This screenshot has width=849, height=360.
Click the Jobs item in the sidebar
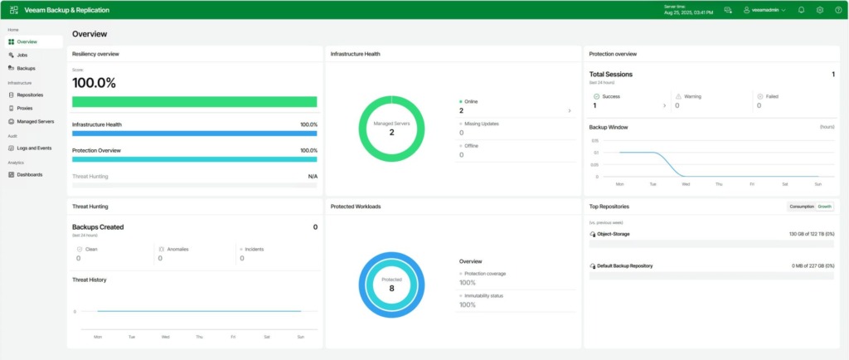[x=22, y=55]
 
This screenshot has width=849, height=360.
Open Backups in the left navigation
[x=26, y=68]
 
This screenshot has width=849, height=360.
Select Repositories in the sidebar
[x=30, y=95]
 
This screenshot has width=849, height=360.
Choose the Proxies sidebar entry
[x=25, y=108]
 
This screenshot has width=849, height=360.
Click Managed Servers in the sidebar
[x=35, y=121]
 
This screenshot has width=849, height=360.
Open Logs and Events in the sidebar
[x=34, y=148]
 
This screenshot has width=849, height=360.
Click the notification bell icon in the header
[x=801, y=10]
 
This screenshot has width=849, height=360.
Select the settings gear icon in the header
[x=819, y=10]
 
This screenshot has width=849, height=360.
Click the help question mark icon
[x=838, y=10]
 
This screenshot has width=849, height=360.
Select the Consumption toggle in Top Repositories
[x=802, y=206]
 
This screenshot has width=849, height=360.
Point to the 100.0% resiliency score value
[x=94, y=83]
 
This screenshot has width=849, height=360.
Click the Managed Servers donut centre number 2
[x=391, y=132]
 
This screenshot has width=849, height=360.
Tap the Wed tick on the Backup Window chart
[x=686, y=183]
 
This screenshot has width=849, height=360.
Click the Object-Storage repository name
[x=613, y=234]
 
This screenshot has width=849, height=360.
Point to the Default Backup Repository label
[x=623, y=265]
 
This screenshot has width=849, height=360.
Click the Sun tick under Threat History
[x=301, y=338]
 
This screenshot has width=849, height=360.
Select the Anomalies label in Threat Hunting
[x=171, y=248]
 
